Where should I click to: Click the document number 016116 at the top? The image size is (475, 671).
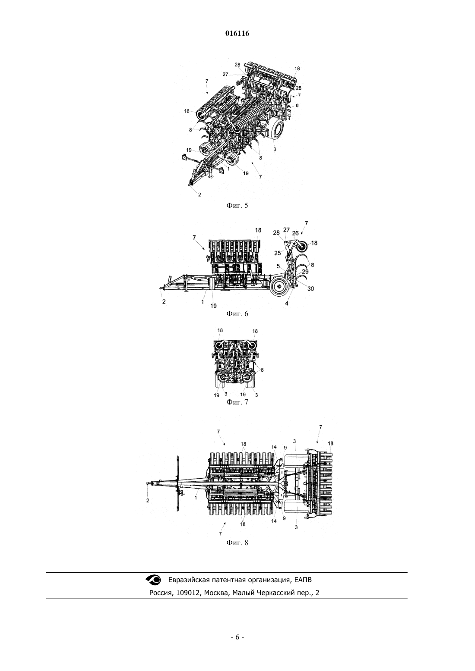click(237, 34)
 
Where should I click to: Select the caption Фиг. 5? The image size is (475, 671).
click(237, 206)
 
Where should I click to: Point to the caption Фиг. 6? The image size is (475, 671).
click(237, 314)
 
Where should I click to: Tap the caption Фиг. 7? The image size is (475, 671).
click(237, 402)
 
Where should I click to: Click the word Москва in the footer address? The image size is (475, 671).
click(216, 593)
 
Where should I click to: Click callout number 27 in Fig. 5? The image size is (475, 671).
click(225, 75)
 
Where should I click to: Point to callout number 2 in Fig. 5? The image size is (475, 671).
click(199, 194)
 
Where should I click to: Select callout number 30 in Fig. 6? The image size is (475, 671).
click(310, 289)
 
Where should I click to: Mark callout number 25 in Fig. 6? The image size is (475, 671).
click(278, 253)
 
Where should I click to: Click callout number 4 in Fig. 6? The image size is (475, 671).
click(287, 304)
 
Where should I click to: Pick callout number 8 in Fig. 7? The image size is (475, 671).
click(262, 370)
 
